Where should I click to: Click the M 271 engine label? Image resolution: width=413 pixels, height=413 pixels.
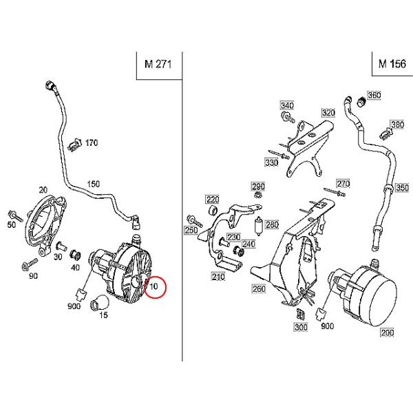click(158, 64)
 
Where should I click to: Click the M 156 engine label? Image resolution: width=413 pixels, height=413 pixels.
click(392, 63)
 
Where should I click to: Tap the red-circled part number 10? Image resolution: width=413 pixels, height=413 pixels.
click(153, 286)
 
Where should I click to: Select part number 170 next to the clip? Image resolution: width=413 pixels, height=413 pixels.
click(92, 142)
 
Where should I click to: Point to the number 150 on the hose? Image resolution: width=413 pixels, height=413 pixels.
click(94, 184)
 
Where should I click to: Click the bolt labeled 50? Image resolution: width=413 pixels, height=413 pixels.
click(16, 216)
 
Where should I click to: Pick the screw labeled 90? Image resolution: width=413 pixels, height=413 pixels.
click(29, 264)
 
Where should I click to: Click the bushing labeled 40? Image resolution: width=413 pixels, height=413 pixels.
click(75, 255)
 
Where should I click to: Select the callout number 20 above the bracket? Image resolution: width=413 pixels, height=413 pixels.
click(43, 190)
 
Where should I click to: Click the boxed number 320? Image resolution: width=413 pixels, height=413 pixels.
click(328, 113)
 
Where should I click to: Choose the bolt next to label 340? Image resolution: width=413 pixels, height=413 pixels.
click(288, 117)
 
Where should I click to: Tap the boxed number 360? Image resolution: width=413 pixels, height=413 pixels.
click(374, 95)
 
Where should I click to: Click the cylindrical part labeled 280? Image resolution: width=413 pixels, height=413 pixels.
click(260, 226)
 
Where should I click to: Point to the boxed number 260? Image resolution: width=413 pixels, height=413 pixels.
click(259, 288)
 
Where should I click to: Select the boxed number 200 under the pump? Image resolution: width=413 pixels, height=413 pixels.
click(387, 332)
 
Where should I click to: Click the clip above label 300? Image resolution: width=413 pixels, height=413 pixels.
click(301, 314)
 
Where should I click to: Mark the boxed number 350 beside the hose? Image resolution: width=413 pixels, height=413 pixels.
click(402, 188)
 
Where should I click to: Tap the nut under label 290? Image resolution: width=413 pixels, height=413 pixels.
click(257, 195)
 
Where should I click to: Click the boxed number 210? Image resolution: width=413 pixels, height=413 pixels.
click(218, 277)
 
